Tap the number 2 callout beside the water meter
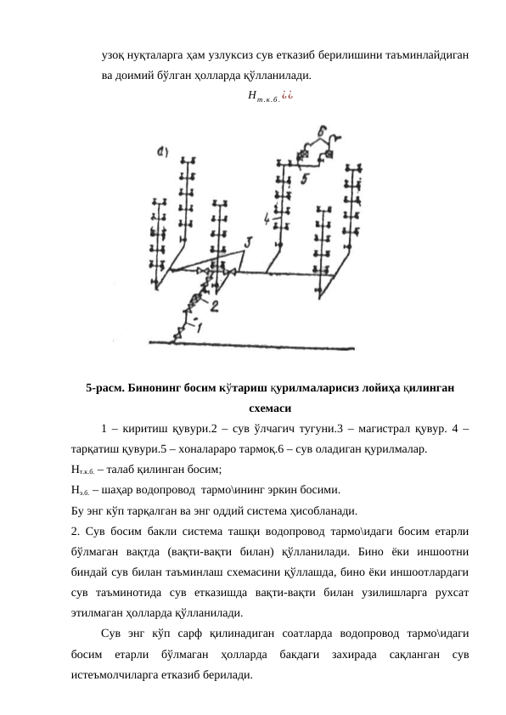click(x=214, y=304)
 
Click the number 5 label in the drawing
click(x=304, y=178)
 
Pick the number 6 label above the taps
click(x=323, y=131)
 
